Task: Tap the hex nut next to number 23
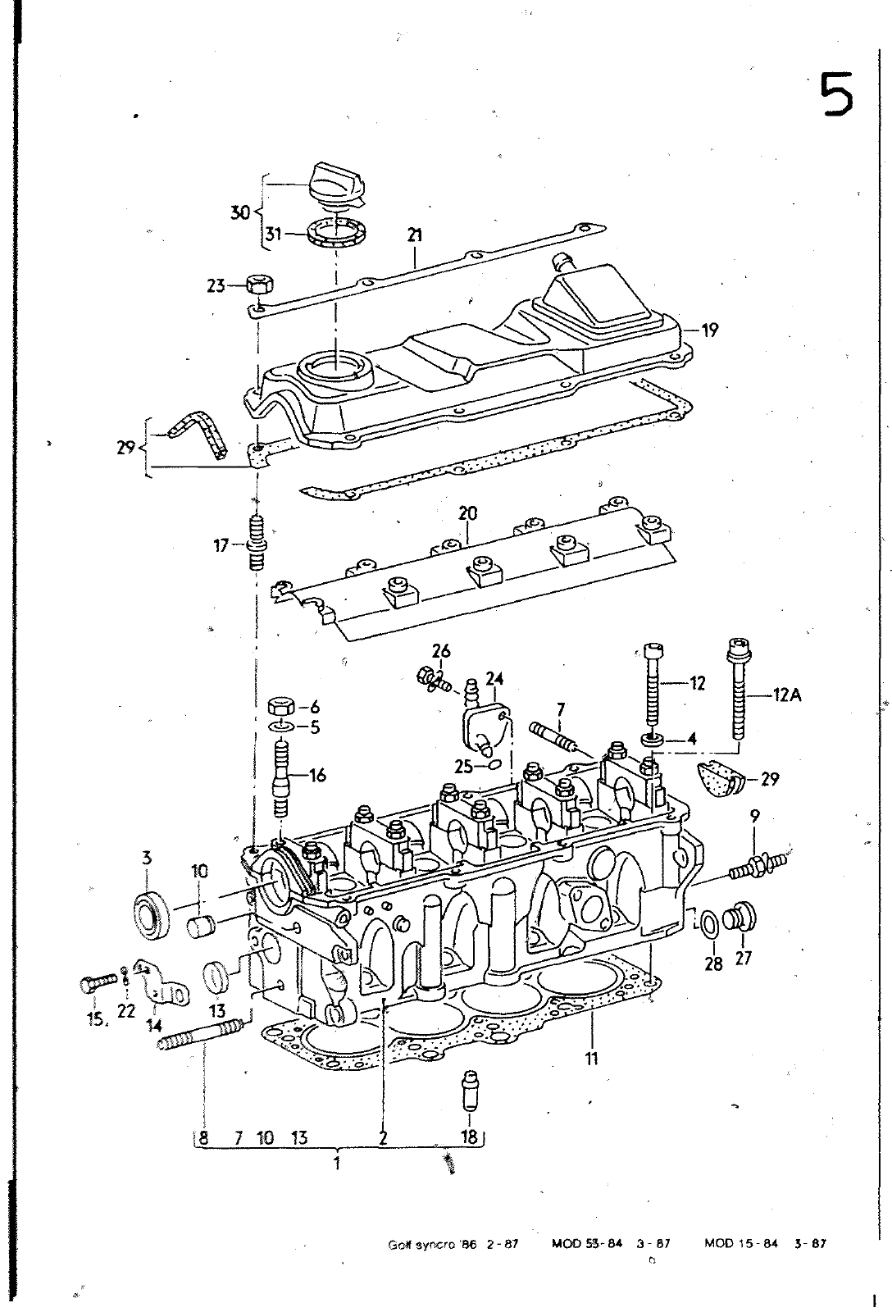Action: pyautogui.click(x=261, y=286)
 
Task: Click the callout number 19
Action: pyautogui.click(x=710, y=330)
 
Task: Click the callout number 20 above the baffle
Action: pyautogui.click(x=467, y=513)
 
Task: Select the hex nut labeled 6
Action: pyautogui.click(x=282, y=706)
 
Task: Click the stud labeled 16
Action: pyautogui.click(x=282, y=776)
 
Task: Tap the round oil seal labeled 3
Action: pyautogui.click(x=153, y=914)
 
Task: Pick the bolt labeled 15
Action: pyautogui.click(x=97, y=984)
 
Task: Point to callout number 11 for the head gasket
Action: pyautogui.click(x=591, y=1058)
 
